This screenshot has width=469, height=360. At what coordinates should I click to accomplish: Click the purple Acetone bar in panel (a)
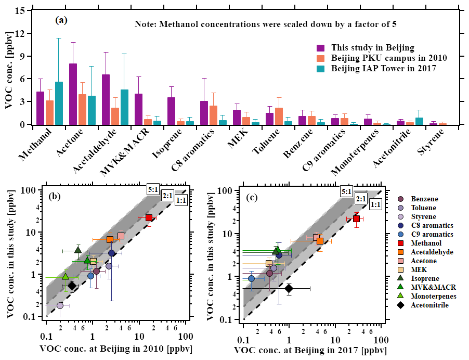73,94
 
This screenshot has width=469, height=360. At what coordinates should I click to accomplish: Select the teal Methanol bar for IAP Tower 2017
59,104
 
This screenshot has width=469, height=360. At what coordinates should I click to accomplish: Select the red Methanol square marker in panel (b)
149,217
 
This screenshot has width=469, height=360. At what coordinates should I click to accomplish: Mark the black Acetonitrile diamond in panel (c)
289,288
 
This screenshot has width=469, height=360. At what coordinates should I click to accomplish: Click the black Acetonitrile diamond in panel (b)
72,286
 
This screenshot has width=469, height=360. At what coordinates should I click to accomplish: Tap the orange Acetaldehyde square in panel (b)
110,239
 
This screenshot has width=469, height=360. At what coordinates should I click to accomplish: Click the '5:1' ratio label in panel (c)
347,191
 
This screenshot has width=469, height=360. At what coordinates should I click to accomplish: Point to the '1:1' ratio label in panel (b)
181,200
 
